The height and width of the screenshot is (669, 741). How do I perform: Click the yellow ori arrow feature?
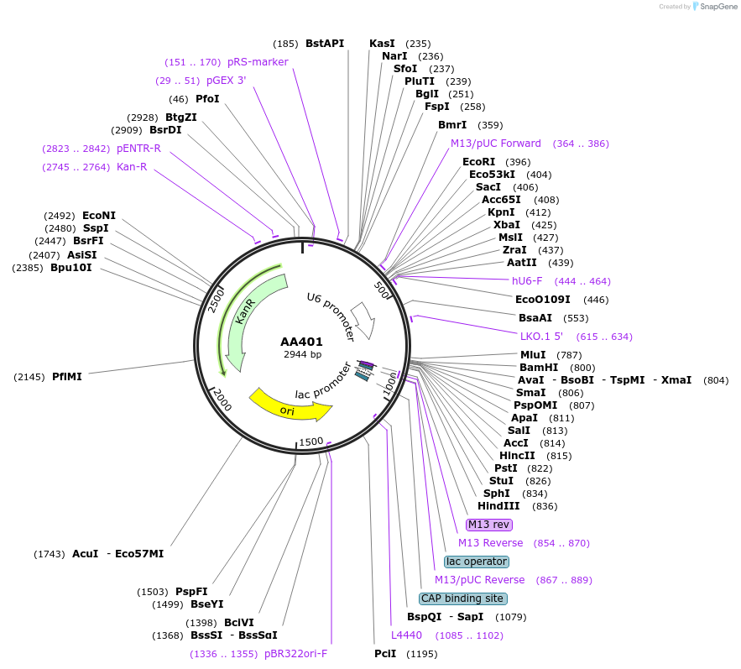click(x=290, y=405)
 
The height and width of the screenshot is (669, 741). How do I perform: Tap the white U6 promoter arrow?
click(x=363, y=321)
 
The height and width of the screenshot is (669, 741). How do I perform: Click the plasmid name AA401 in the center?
click(x=301, y=342)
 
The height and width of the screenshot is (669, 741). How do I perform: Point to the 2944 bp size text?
click(x=302, y=354)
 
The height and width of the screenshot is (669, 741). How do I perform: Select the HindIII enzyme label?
click(x=498, y=505)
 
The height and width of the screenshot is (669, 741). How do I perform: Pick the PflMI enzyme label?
click(x=67, y=377)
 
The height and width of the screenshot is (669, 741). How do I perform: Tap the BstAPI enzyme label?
click(x=325, y=43)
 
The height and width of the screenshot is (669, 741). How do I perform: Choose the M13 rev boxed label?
click(x=488, y=525)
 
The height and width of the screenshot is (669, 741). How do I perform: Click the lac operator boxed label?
click(x=477, y=561)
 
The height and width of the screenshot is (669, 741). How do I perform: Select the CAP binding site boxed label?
click(x=463, y=598)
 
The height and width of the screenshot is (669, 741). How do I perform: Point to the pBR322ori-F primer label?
click(x=295, y=653)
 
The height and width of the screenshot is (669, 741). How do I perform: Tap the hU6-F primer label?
click(x=527, y=281)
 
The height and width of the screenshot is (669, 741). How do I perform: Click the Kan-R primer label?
click(x=132, y=167)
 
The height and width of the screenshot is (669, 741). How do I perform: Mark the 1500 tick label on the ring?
click(x=310, y=442)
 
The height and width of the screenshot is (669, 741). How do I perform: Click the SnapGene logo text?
click(x=715, y=6)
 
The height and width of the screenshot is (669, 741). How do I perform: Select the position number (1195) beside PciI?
click(x=421, y=654)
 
